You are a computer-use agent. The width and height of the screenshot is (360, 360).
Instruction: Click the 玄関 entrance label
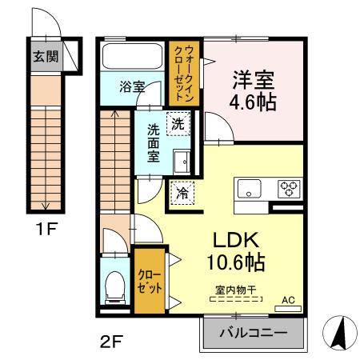coord(45,57)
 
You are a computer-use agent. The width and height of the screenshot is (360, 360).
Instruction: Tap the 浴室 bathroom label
coord(132,86)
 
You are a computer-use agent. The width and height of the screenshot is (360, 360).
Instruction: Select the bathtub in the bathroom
coord(132,56)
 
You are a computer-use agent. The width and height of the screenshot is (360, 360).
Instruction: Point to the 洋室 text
coord(254,80)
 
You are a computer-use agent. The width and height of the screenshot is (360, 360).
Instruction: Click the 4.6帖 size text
coord(254,103)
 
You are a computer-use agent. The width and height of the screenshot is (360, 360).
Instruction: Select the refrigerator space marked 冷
coord(182,192)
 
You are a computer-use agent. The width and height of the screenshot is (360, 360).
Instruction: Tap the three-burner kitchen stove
coord(287,190)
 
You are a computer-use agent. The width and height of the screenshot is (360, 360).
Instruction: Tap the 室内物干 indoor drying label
coord(236,292)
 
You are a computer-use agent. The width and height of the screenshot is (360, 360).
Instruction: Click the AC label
coord(288,301)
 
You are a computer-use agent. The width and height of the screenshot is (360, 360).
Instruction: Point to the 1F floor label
coord(46,231)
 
